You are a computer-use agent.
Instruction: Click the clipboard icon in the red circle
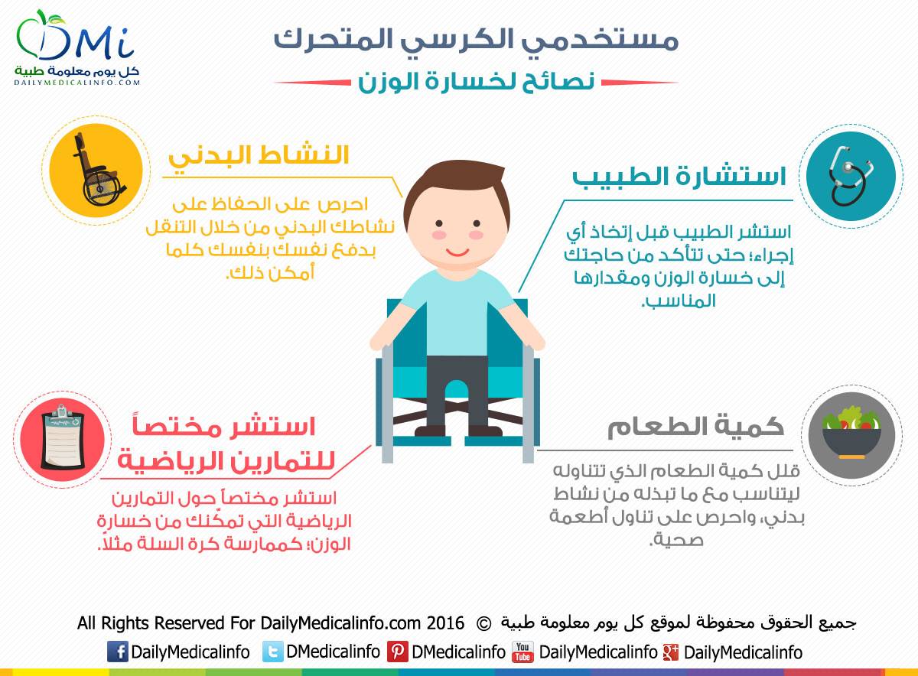(63, 438)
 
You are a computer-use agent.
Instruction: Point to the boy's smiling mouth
(457, 252)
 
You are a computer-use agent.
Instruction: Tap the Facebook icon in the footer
(118, 651)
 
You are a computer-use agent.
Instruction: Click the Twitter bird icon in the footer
(272, 651)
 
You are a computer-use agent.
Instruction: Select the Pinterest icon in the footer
(397, 651)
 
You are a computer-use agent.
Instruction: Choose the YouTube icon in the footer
(522, 652)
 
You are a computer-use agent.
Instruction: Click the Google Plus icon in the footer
(671, 652)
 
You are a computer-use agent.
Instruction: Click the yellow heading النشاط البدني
(259, 156)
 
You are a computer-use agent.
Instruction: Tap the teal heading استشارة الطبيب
(679, 177)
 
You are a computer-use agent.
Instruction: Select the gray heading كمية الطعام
(695, 427)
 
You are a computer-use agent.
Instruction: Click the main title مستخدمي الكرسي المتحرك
(476, 39)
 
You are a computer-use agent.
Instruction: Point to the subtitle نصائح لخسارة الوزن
(476, 81)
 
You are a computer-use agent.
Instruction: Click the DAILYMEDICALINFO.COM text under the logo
(77, 82)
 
